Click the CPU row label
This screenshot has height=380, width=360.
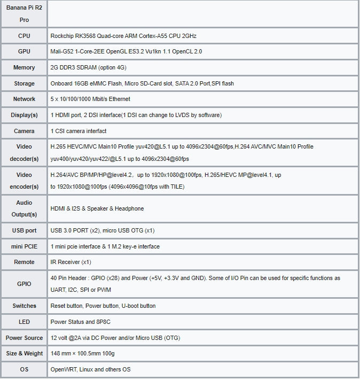[x=24, y=36]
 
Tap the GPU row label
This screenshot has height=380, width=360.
[x=24, y=52]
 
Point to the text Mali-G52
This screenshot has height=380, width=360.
[x=62, y=52]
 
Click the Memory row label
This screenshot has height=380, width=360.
[x=24, y=68]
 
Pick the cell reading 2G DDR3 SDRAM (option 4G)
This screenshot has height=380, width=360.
[x=88, y=68]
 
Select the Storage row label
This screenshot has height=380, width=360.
[x=24, y=83]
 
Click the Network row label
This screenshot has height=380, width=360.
[x=24, y=99]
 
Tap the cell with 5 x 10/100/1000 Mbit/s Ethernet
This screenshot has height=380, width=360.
[x=90, y=99]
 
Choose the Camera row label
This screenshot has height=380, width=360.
[x=24, y=131]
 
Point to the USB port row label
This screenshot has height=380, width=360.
[x=24, y=230]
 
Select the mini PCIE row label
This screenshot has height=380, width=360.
[x=24, y=246]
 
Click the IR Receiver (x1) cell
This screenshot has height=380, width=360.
[x=71, y=262]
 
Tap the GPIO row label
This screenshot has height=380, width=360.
[x=24, y=284]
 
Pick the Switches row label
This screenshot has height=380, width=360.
[x=24, y=306]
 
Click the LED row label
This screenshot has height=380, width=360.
[x=24, y=322]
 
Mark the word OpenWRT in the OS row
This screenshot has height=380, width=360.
[x=62, y=369]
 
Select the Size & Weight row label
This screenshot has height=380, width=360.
[x=24, y=353]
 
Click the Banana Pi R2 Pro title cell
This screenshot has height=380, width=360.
[x=24, y=14]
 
